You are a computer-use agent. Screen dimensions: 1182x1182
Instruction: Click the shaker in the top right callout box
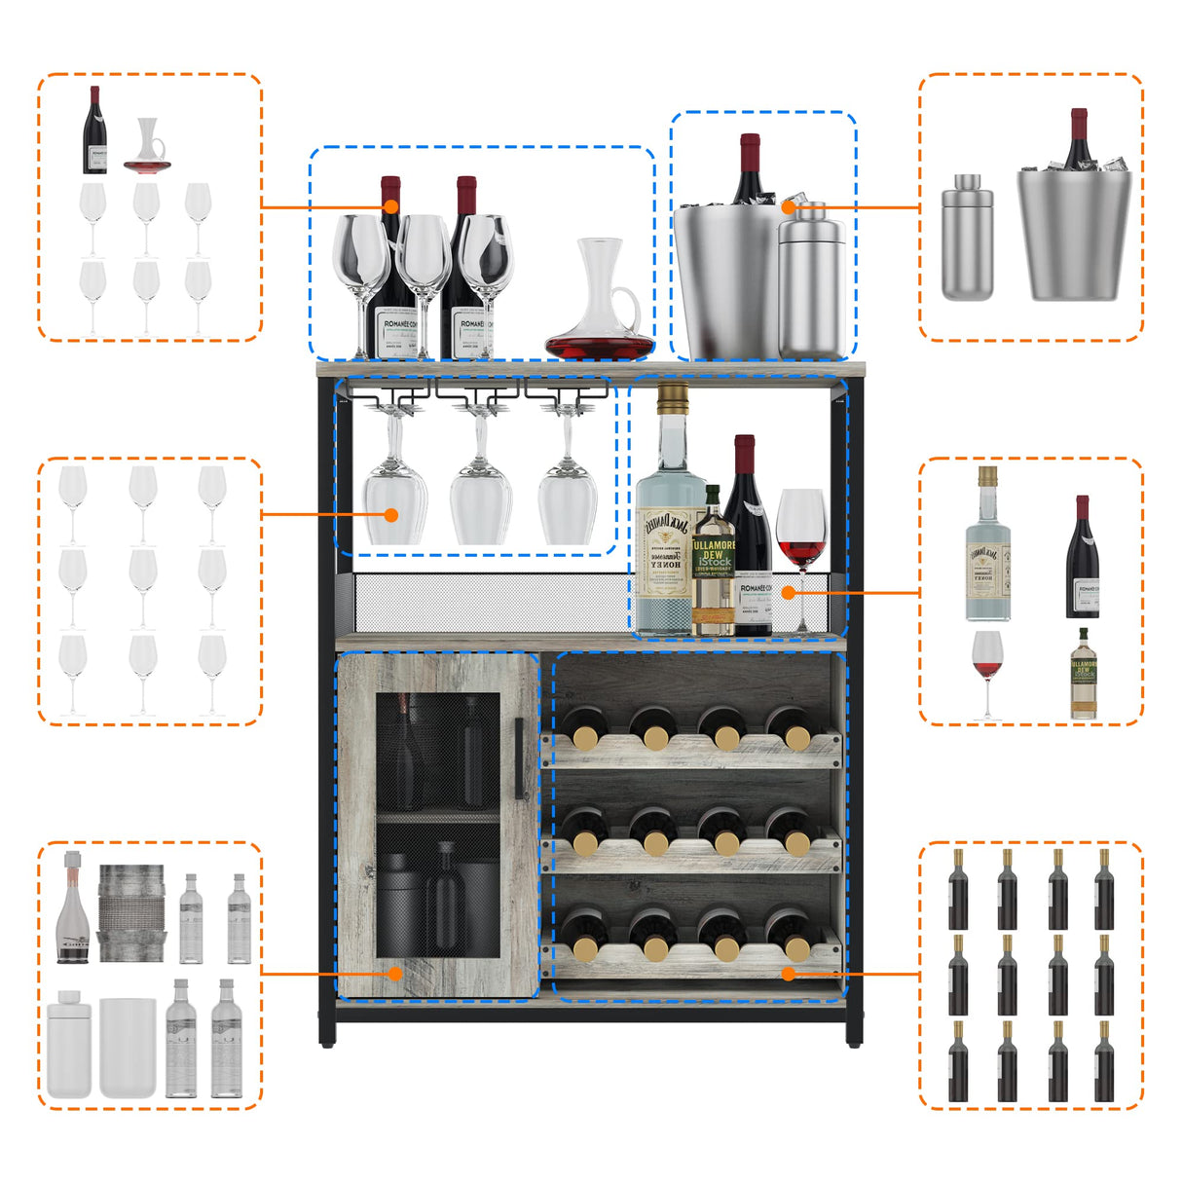(x=967, y=239)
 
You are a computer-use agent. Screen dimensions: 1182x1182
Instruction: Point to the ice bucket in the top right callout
(x=1074, y=234)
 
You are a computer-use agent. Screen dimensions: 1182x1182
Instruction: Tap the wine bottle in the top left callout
(x=94, y=131)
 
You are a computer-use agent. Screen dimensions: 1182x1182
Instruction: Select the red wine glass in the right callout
(x=986, y=672)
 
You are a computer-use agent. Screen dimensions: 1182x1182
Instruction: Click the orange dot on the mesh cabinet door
(x=395, y=972)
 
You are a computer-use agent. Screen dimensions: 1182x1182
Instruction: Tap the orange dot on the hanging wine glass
(x=391, y=513)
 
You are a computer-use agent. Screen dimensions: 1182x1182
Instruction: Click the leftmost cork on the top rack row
(x=586, y=738)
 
